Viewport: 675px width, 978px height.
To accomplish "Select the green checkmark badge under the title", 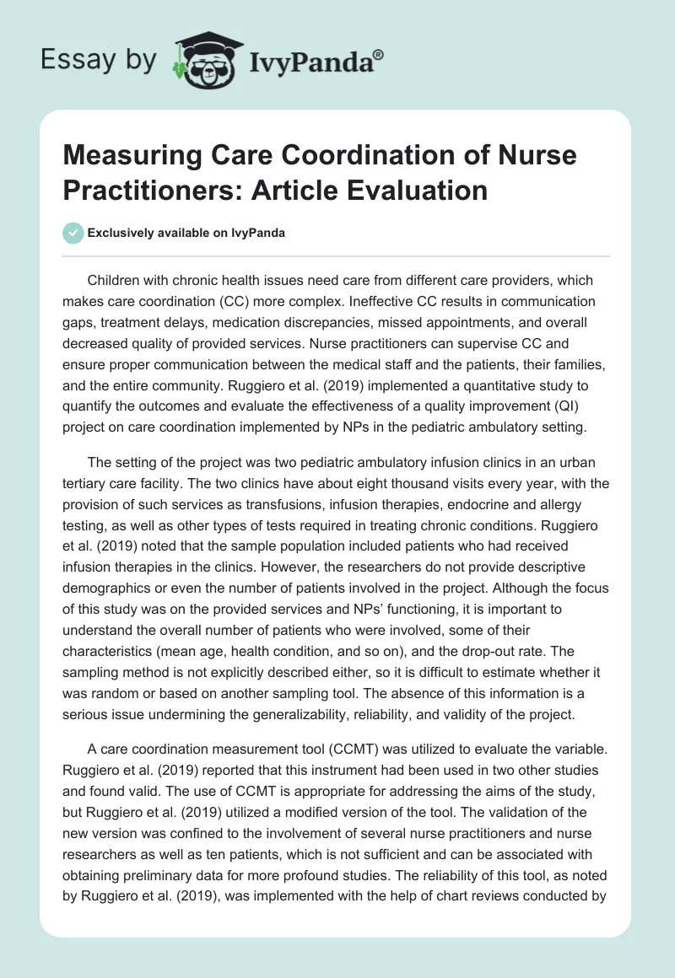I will click(x=73, y=233).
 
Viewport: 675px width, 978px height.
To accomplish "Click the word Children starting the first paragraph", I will click(x=115, y=280).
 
